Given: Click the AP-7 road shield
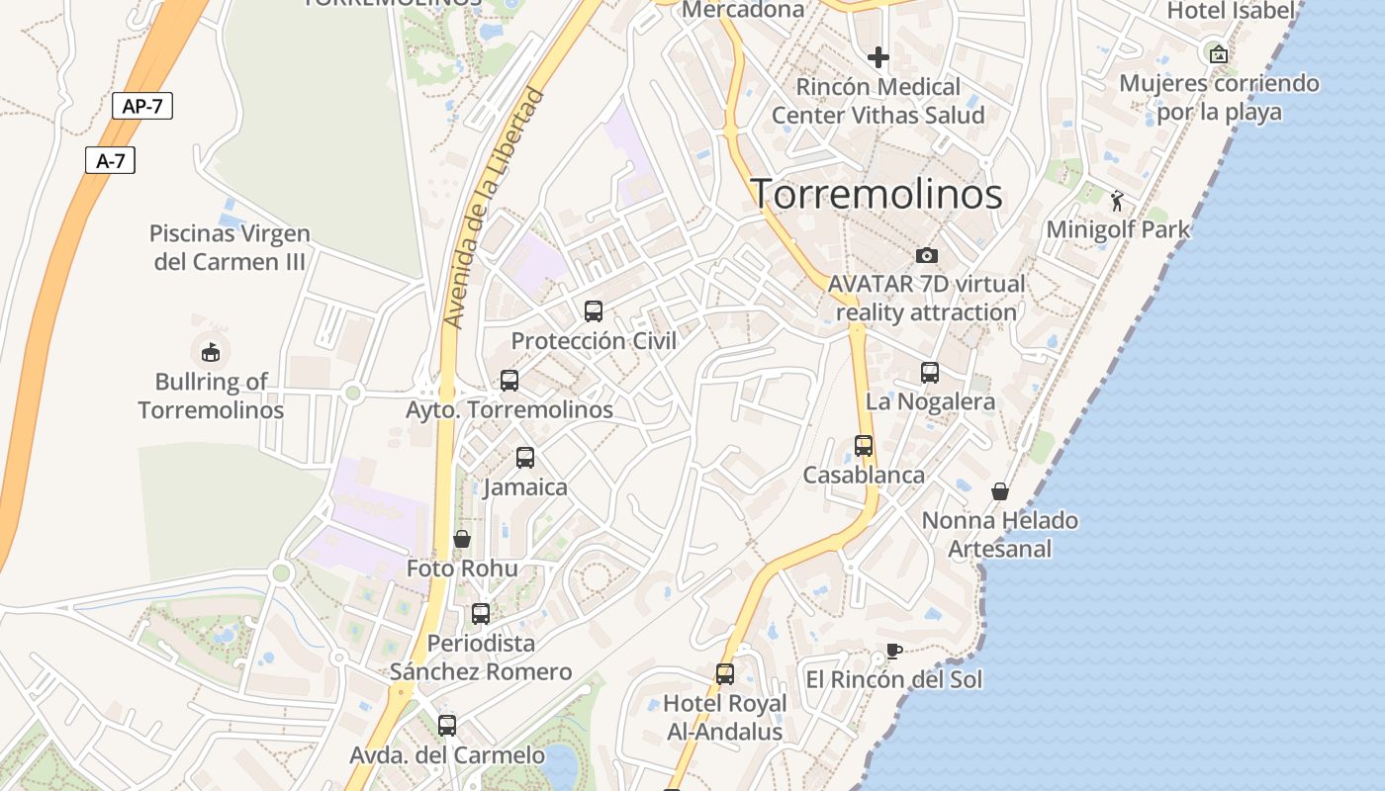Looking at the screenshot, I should (x=142, y=106).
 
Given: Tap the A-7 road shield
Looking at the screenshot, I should (x=110, y=160).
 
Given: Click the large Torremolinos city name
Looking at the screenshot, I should (x=877, y=194).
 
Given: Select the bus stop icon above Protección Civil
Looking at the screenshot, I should (x=594, y=311).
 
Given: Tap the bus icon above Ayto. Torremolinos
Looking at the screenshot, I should (x=509, y=381).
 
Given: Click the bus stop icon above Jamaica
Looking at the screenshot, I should (x=525, y=458).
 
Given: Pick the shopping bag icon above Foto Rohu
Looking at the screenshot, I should (x=461, y=539).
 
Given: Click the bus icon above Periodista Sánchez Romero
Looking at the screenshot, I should (x=481, y=614).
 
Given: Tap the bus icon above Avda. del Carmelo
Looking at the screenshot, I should (x=447, y=726).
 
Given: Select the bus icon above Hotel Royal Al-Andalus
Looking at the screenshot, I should (x=725, y=674).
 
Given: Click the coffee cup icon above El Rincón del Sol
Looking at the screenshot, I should (x=893, y=651).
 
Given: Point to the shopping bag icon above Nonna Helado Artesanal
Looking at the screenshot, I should (x=1000, y=491).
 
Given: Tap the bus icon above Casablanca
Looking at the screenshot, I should (x=864, y=446).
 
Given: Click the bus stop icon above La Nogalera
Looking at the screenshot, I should (x=930, y=373).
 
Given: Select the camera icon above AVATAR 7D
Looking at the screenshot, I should (x=927, y=255).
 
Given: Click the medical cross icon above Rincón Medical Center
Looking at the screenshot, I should (x=878, y=57).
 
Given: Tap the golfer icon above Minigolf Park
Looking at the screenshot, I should (x=1118, y=201).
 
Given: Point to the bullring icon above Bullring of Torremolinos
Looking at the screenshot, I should (x=210, y=352).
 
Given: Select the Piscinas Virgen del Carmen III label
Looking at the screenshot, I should (x=229, y=247).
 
